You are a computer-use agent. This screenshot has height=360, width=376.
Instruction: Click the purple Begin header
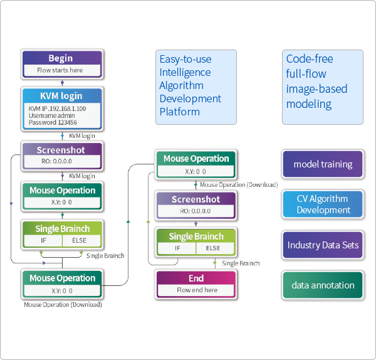(61, 58)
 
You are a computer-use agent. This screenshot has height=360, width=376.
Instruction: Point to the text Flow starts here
(60, 70)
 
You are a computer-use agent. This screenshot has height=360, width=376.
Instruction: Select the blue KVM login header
(61, 97)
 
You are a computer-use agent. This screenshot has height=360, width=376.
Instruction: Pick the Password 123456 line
(52, 122)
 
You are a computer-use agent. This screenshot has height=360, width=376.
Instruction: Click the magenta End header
(196, 278)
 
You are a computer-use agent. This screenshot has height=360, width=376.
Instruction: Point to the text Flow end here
(196, 290)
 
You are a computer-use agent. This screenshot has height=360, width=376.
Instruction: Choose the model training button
(323, 164)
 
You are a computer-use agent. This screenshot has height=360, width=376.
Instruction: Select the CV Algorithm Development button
(323, 204)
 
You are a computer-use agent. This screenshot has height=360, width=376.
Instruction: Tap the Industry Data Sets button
(323, 245)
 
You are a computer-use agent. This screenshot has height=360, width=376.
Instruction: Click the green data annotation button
(323, 285)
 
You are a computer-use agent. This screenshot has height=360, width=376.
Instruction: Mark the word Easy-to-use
(185, 59)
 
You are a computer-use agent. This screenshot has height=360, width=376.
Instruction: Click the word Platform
(179, 112)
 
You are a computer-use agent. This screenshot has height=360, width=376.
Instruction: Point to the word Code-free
(310, 58)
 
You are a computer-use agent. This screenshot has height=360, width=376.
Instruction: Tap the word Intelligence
(185, 72)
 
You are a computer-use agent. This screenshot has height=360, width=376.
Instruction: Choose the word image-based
(316, 88)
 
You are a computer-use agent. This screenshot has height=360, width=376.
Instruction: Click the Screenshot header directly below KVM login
(61, 151)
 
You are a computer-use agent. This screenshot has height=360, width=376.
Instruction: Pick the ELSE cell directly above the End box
(213, 248)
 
